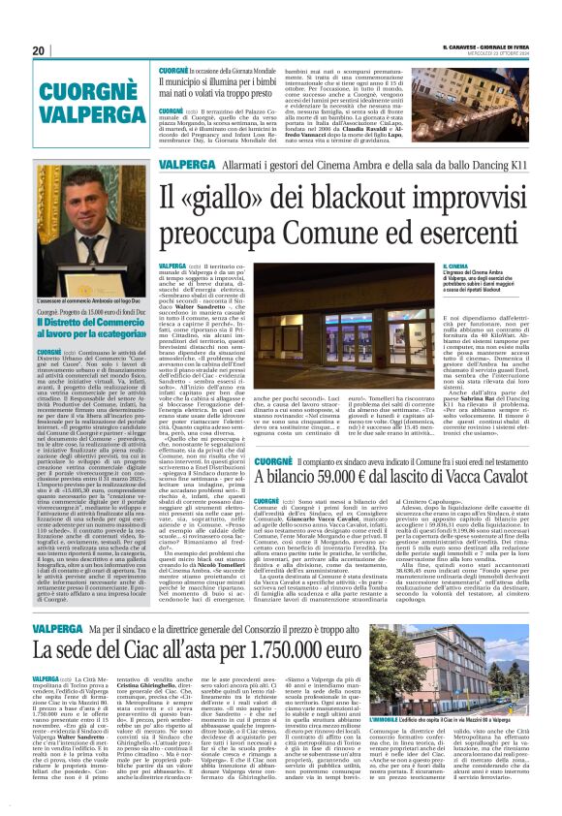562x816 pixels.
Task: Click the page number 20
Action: pos(38,50)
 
